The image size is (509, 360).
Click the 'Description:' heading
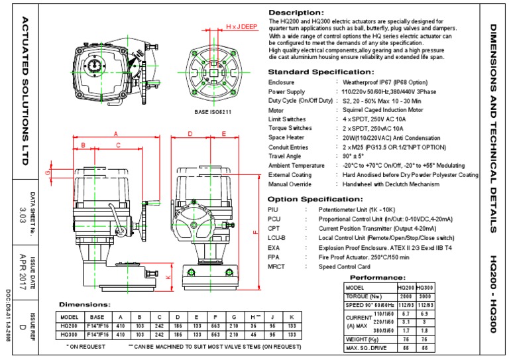tap(296, 13)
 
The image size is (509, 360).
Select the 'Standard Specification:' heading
tap(315, 71)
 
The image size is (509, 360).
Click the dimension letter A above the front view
tap(115, 133)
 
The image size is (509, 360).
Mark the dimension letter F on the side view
tap(255, 231)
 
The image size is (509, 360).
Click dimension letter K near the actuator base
tap(168, 277)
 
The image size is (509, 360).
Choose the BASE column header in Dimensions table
tap(97, 317)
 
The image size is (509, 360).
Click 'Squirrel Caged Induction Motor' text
tap(382, 111)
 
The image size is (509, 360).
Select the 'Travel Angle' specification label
tap(286, 156)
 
